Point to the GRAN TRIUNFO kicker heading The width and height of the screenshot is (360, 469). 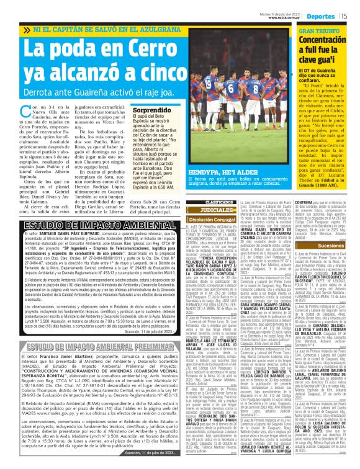tap(320, 30)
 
